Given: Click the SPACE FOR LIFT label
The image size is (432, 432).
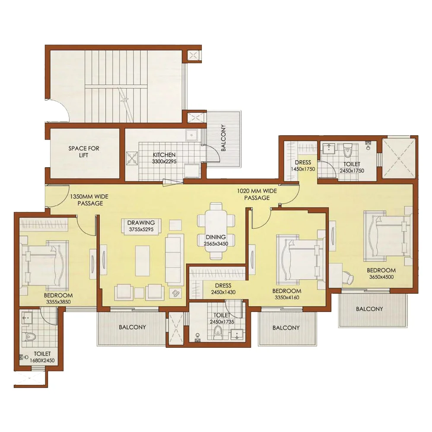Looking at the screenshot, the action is pyautogui.click(x=84, y=152).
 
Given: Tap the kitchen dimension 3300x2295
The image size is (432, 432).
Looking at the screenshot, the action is pyautogui.click(x=164, y=162).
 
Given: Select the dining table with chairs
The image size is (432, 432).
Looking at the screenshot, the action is pyautogui.click(x=216, y=231).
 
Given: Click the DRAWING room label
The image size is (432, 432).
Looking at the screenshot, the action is pyautogui.click(x=141, y=222).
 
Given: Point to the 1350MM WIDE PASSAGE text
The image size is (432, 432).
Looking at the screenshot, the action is pyautogui.click(x=89, y=200).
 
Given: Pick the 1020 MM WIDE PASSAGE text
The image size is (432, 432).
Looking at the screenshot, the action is pyautogui.click(x=257, y=194).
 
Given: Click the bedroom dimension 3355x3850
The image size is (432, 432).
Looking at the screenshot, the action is pyautogui.click(x=58, y=302).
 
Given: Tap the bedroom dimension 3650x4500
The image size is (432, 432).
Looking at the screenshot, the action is pyautogui.click(x=381, y=277).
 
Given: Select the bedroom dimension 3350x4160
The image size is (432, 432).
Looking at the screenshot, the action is pyautogui.click(x=287, y=297).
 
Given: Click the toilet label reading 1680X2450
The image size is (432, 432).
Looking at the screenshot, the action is pyautogui.click(x=42, y=360).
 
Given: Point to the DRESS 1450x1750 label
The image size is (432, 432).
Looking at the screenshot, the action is pyautogui.click(x=303, y=165).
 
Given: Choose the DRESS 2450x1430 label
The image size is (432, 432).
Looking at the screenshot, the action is pyautogui.click(x=223, y=289).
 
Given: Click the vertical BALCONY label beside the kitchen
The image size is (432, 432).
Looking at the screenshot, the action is pyautogui.click(x=223, y=138).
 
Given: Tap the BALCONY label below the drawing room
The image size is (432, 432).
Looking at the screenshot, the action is pyautogui.click(x=132, y=327).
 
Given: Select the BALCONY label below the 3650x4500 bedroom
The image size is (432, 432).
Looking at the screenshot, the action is pyautogui.click(x=369, y=309).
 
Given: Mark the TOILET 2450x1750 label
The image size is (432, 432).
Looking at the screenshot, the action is pyautogui.click(x=352, y=167).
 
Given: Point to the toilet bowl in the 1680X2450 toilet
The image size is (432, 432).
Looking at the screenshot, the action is pyautogui.click(x=29, y=336).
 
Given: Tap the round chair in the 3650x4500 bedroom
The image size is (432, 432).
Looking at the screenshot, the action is pyautogui.click(x=349, y=278).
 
